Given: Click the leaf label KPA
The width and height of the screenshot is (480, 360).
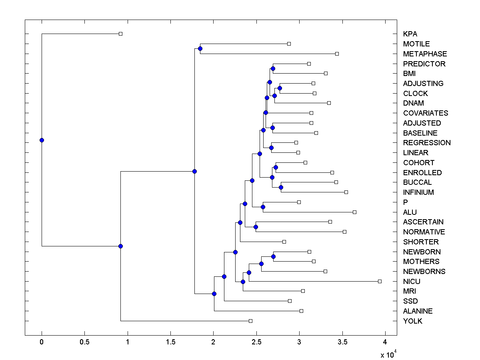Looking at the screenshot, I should click(x=410, y=34).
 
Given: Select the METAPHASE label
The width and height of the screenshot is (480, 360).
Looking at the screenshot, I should click(x=425, y=54).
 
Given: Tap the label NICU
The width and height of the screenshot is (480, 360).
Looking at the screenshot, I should click(x=412, y=282).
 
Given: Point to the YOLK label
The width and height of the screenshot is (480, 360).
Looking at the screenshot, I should click(x=412, y=321).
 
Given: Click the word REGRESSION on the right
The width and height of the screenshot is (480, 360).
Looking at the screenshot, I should click(x=427, y=143).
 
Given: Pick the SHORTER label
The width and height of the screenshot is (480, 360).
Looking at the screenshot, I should click(x=421, y=242).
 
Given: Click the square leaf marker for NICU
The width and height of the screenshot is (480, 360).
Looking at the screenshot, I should click(x=380, y=281).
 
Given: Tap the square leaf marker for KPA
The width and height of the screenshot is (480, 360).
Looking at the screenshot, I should click(x=120, y=34).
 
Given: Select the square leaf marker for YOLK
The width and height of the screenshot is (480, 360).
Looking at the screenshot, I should click(x=250, y=321).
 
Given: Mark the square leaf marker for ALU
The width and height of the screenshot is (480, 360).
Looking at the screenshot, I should click(x=354, y=212).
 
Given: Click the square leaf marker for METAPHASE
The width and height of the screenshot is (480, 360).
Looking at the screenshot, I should click(x=337, y=54).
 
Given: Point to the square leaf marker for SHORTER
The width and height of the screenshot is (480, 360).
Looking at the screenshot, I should click(x=284, y=242).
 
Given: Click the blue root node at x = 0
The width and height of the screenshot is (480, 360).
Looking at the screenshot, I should click(x=42, y=140).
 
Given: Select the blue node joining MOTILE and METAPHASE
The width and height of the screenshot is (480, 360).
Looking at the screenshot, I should click(x=200, y=49).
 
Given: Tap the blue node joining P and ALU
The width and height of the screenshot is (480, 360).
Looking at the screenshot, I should click(x=263, y=207).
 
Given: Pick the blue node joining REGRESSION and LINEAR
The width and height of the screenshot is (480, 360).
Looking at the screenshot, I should click(x=271, y=148).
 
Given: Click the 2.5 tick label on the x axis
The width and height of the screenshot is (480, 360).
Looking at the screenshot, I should click(x=256, y=342).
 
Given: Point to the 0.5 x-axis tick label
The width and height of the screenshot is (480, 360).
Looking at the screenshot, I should click(x=84, y=342).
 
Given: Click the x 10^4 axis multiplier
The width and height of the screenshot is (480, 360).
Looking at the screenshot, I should click(x=388, y=354).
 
